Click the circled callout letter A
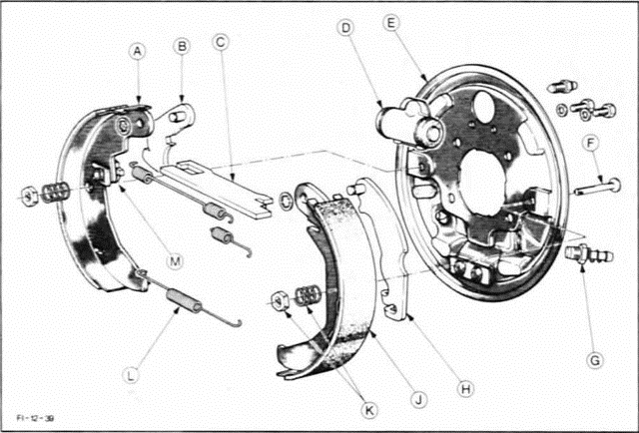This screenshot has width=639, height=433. point(137,51)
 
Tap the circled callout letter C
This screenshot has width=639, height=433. point(222,42)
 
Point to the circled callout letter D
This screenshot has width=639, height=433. point(345,30)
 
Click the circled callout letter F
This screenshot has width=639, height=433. point(592,144)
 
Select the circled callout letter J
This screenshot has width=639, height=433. point(418,399)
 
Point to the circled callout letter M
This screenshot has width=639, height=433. point(175,261)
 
